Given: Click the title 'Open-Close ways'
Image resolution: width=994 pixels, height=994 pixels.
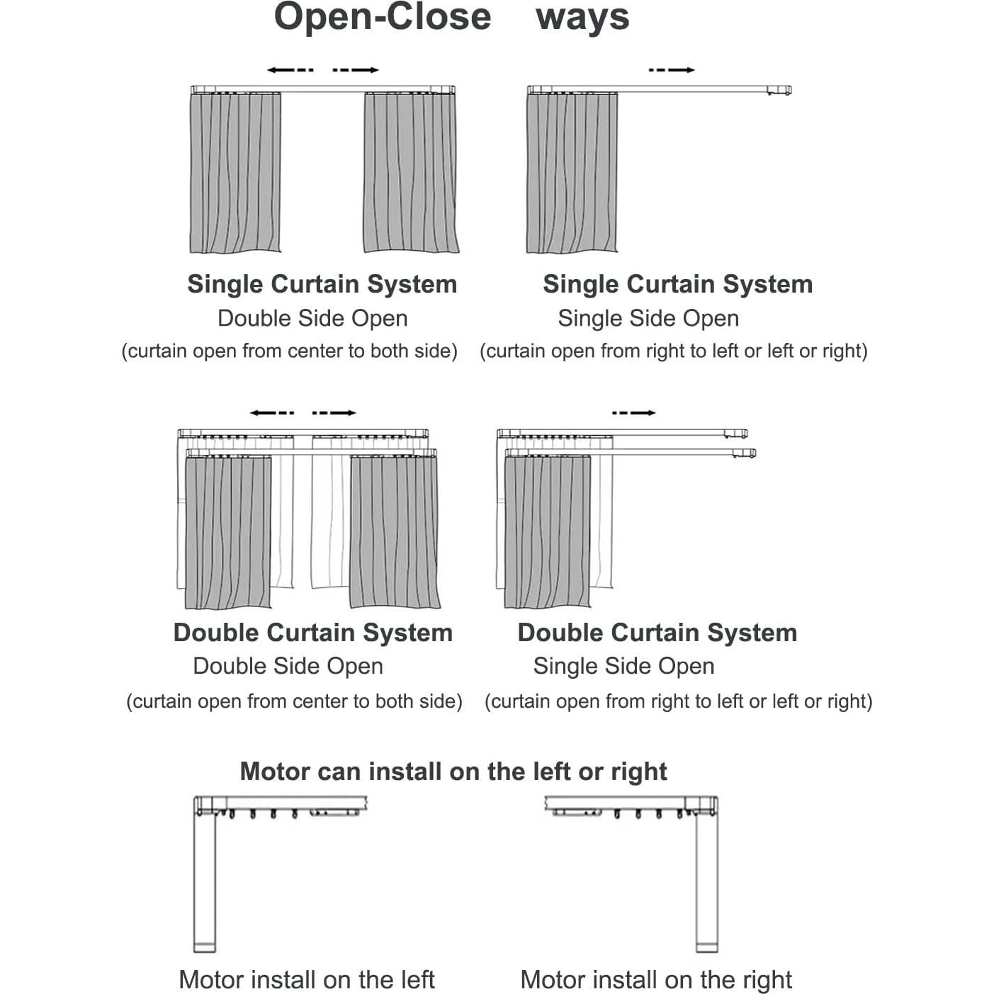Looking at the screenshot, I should [x=451, y=17].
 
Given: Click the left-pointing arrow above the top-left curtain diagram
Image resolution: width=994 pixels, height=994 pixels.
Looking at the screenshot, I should [x=290, y=69].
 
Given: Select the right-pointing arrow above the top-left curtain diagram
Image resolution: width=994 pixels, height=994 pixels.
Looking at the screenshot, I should [x=356, y=69].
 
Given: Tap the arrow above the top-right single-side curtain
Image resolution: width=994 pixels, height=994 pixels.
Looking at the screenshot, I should [x=671, y=69].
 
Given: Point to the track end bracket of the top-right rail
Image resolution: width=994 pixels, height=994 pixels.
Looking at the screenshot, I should [x=779, y=90].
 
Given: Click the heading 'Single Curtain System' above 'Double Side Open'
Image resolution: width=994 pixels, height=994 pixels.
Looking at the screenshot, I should [x=322, y=284].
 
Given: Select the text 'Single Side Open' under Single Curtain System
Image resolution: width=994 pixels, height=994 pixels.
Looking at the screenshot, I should [x=648, y=319].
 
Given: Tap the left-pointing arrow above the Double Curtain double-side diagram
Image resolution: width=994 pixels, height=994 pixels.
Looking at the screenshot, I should [x=272, y=412].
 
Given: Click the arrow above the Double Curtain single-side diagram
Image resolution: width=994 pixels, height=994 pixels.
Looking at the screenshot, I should [x=633, y=412].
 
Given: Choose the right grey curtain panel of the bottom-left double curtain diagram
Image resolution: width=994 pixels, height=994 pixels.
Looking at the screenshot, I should [x=394, y=531].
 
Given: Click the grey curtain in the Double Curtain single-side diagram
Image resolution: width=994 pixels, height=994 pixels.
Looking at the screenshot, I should [x=547, y=531].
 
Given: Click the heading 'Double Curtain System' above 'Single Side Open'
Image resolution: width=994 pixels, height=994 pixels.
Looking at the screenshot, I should [x=657, y=633].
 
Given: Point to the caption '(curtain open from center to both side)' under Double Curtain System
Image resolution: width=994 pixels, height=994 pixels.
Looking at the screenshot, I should [x=294, y=701].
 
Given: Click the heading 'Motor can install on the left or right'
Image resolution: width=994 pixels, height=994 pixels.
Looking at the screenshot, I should [x=453, y=772].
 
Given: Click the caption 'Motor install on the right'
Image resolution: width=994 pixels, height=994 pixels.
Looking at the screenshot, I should [x=655, y=980].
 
